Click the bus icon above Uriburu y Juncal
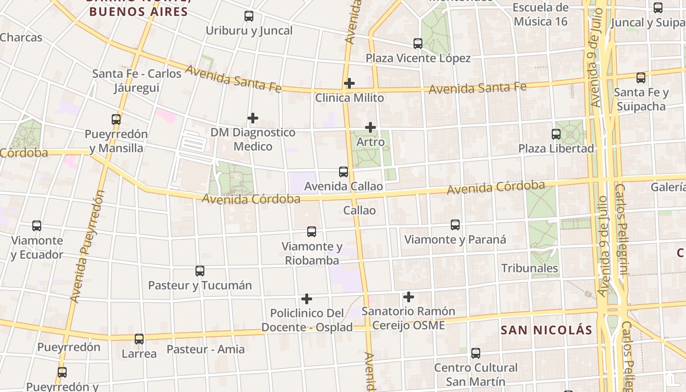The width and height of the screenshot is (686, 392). click(249, 16)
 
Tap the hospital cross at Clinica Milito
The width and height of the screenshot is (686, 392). click(349, 83)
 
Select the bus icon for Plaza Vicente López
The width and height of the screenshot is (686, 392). click(418, 44)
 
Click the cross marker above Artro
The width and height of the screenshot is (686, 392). click(370, 128)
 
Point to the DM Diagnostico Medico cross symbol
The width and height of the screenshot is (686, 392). click(253, 118)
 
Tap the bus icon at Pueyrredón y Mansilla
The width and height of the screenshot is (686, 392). click(116, 120)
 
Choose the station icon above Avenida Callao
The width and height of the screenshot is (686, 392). click(343, 172)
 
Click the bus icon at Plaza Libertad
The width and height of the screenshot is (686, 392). click(556, 134)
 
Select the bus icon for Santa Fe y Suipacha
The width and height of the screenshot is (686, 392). click(641, 78)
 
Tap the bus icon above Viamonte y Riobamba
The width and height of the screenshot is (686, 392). click(312, 232)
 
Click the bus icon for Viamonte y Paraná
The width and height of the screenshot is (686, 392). click(455, 225)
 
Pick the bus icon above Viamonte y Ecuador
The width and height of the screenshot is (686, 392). click(37, 226)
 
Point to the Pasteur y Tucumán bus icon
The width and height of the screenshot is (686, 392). click(200, 271)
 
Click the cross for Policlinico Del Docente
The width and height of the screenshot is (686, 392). click(307, 299)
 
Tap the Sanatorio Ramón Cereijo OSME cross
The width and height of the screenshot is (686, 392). click(409, 297)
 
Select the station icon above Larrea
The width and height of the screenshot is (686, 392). click(139, 339)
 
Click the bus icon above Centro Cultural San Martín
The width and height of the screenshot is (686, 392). click(476, 353)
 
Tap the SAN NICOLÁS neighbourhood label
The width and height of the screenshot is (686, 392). click(546, 330)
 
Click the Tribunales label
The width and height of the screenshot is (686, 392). click(530, 268)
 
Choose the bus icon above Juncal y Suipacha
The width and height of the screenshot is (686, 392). click(658, 8)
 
